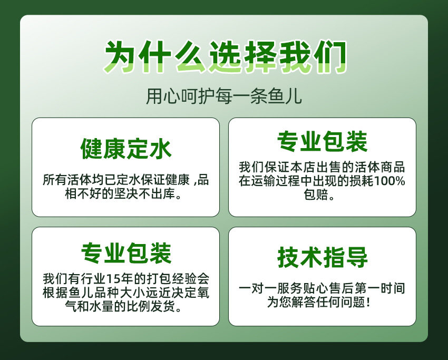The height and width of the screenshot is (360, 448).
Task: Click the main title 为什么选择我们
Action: pos(225,57)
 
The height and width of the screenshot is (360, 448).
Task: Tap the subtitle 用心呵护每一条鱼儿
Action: pos(223,96)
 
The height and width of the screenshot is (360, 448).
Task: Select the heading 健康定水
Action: pos(126,149)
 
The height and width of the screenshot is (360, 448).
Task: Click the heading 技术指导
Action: pos(322,257)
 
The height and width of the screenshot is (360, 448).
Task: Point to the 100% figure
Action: pos(389,181)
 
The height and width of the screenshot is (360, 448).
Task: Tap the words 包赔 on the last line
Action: pos(315,195)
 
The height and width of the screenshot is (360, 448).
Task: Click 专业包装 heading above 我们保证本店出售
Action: pos(322,141)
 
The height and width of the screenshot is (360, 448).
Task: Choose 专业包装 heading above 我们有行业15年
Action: pos(126,253)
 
